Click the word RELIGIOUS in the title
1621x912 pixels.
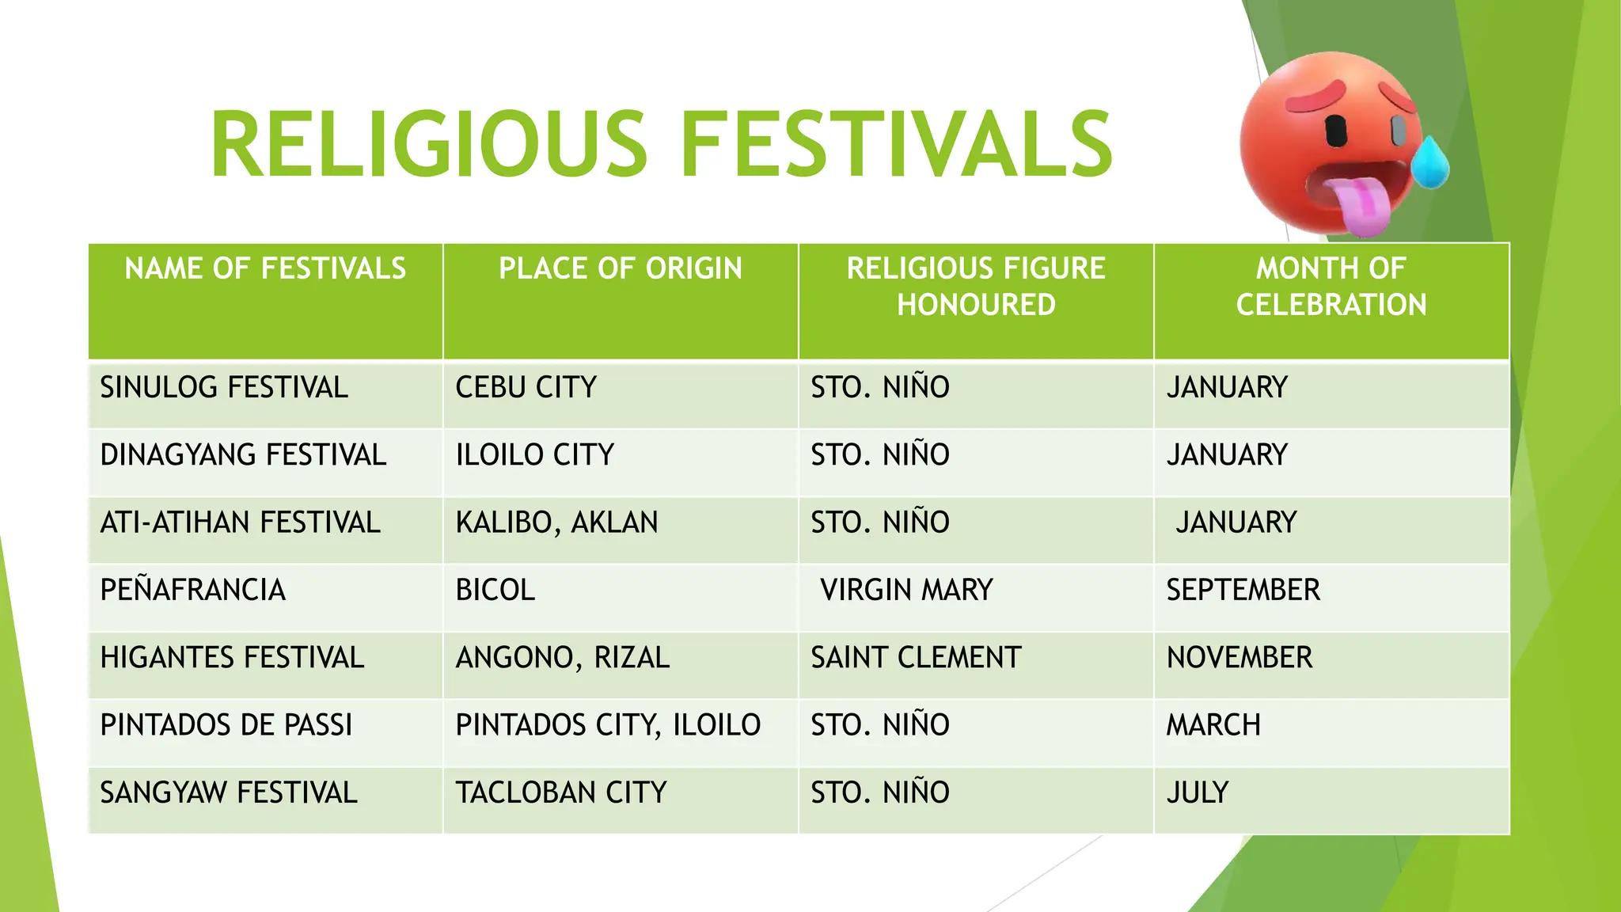pos(428,145)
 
